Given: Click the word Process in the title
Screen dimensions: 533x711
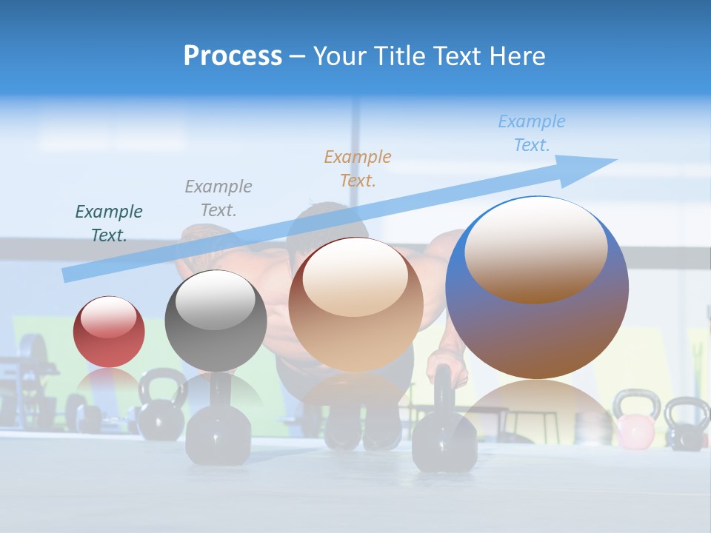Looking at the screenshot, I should tap(233, 56).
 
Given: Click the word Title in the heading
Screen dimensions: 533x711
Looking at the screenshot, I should tap(395, 56).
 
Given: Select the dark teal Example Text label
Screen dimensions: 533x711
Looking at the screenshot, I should tap(109, 223).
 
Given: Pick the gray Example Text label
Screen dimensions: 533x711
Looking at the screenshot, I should tap(218, 198).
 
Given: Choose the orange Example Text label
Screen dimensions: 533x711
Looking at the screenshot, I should tap(358, 168).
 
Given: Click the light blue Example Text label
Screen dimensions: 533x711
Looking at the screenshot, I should tap(532, 133).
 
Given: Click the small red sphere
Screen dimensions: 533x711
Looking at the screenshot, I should tap(109, 332).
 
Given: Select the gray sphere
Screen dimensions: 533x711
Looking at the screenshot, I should tap(216, 321).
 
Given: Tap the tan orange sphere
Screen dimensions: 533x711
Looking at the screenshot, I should tap(355, 304).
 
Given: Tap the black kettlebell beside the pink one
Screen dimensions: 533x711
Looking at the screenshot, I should tap(686, 424).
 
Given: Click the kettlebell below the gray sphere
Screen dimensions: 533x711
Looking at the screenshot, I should tap(218, 429).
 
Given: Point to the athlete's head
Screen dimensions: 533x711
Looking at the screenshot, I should tap(327, 222).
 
